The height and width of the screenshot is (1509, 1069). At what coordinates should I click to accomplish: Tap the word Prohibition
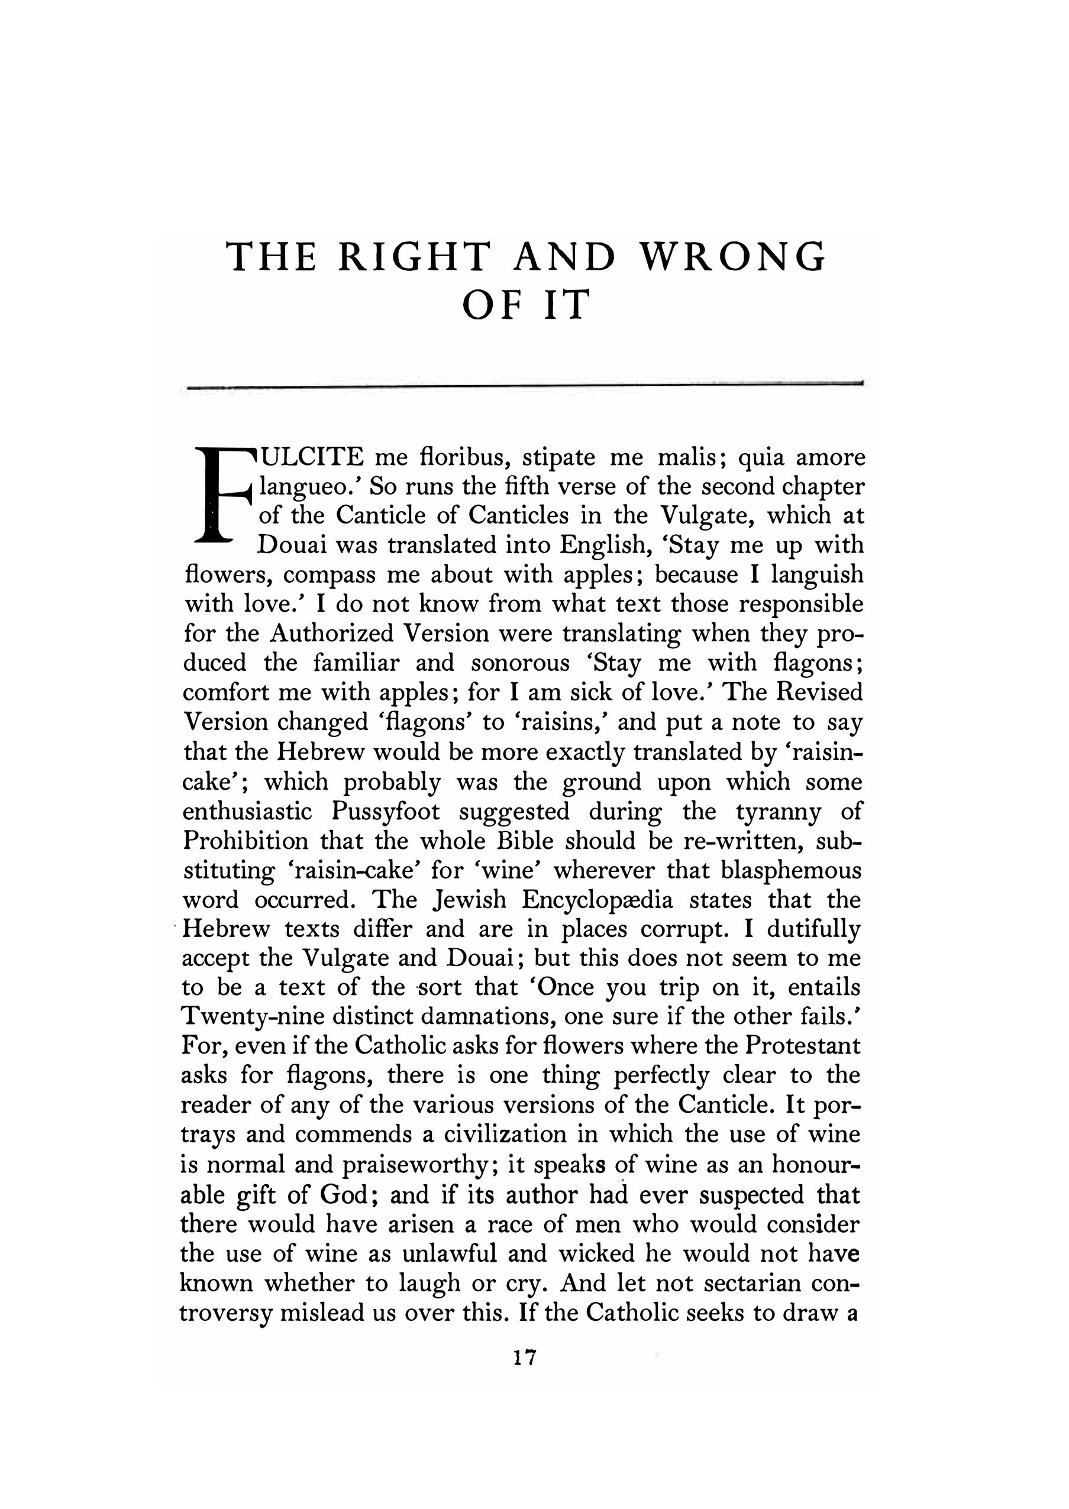coord(245,841)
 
